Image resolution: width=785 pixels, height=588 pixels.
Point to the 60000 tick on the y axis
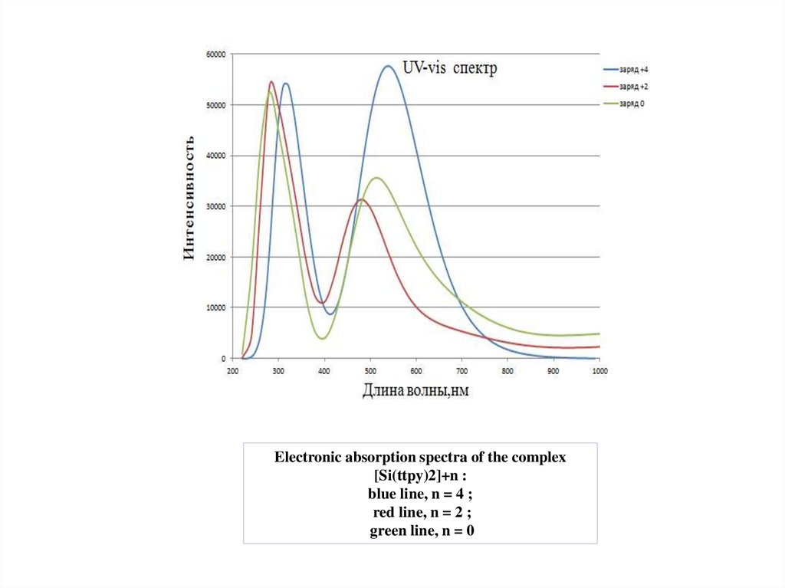tap(214, 54)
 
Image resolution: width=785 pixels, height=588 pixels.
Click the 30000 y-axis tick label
tap(214, 206)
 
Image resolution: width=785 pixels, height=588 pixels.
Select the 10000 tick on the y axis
tap(214, 307)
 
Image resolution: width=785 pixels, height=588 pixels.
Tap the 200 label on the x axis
tap(232, 370)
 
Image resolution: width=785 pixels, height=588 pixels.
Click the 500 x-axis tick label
tap(370, 370)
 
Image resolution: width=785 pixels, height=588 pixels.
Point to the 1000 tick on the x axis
tap(599, 370)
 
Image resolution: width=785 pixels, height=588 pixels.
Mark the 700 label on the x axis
tap(461, 370)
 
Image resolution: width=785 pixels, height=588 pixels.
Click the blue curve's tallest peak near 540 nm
tap(388, 67)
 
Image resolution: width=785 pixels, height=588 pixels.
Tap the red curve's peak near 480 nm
tap(360, 200)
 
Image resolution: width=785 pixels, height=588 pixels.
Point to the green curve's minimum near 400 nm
tap(322, 338)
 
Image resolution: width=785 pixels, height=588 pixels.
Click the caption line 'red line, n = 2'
tap(420, 511)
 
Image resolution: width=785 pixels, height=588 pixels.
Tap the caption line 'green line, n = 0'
tap(420, 530)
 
